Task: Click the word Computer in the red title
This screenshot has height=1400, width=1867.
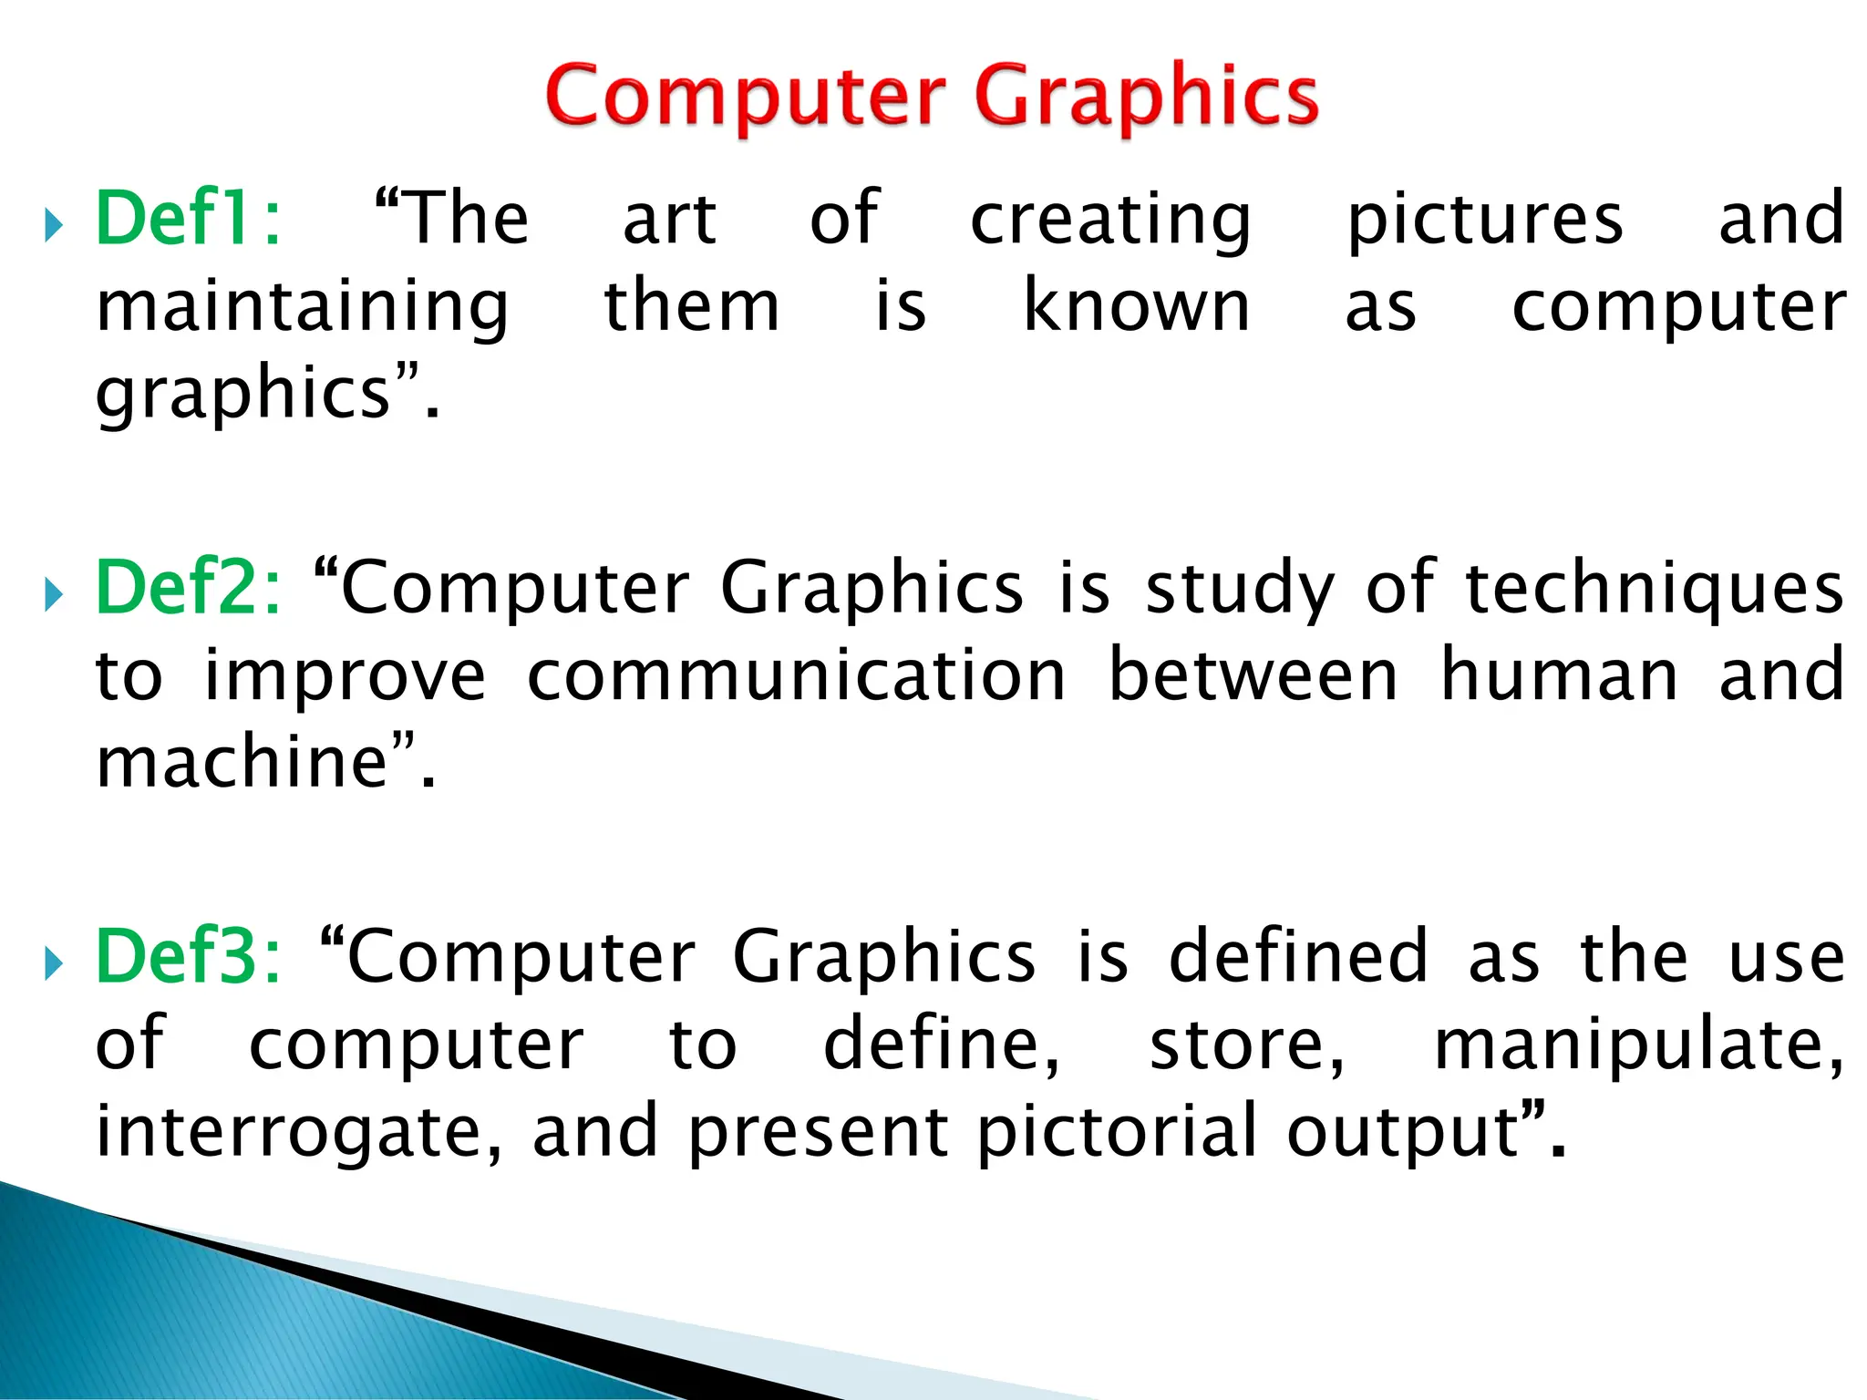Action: tap(746, 98)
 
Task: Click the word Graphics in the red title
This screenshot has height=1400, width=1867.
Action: tap(1146, 98)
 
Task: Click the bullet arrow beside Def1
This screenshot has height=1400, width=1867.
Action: tap(54, 224)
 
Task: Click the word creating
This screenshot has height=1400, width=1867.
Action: tap(1110, 221)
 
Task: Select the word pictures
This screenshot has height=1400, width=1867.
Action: tap(1485, 221)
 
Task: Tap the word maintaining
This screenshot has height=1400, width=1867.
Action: tap(302, 308)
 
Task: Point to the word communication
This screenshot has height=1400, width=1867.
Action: tap(796, 675)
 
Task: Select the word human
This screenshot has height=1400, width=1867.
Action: tap(1559, 675)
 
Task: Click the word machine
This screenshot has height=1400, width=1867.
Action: tap(242, 762)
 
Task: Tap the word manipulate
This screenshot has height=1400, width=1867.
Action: tap(1637, 1046)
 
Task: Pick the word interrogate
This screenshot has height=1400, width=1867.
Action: tap(296, 1133)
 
